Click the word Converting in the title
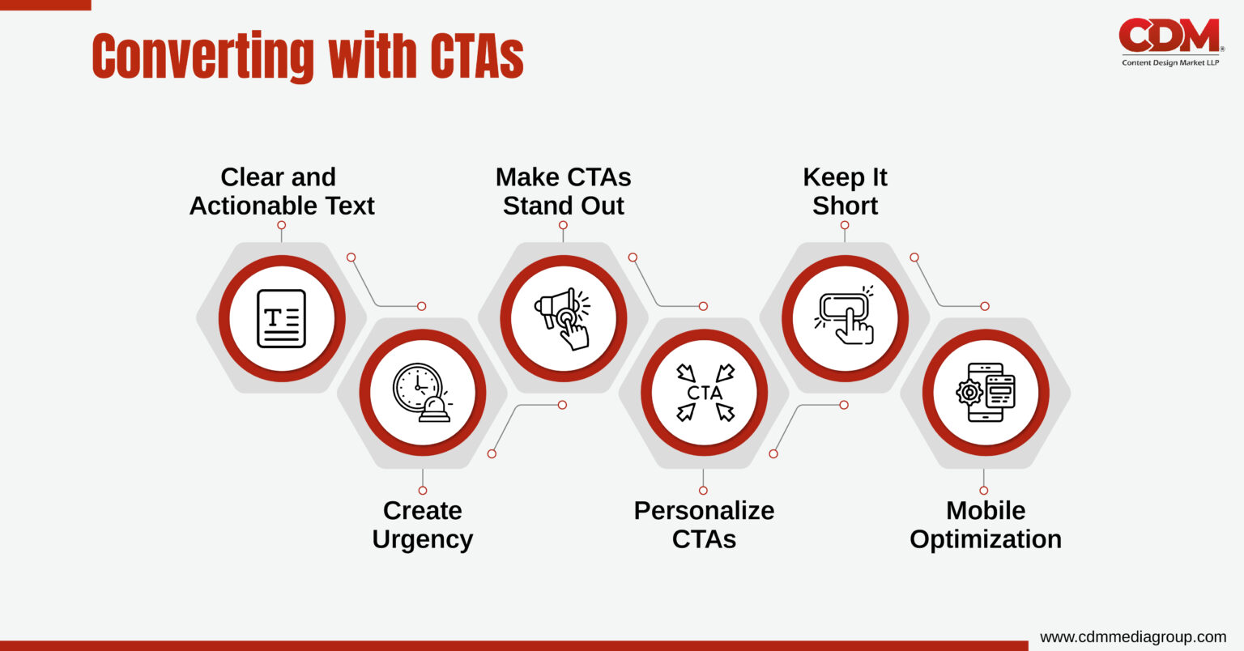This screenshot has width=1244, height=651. tap(203, 57)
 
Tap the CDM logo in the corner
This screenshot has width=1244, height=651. tap(1169, 36)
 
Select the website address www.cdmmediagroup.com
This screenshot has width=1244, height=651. tap(1132, 636)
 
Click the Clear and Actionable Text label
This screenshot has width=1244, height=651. tap(281, 191)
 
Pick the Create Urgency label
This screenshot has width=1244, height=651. tap(422, 525)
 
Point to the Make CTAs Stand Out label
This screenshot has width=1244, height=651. tap(563, 191)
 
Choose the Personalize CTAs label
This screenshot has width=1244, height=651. tap(704, 525)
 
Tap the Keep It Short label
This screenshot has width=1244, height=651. tap(845, 191)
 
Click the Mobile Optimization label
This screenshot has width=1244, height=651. tap(985, 525)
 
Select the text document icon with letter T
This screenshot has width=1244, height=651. tap(281, 318)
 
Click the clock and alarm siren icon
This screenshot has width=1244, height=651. tap(422, 393)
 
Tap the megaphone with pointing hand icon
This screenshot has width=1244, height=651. tap(563, 318)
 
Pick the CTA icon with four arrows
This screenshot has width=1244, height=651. tap(704, 393)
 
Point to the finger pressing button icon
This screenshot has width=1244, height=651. tap(845, 318)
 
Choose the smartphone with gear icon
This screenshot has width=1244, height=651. tap(985, 393)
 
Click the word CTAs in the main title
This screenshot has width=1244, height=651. tap(476, 57)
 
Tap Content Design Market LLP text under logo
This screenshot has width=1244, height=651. tap(1169, 62)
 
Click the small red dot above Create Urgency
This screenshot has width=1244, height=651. tap(422, 490)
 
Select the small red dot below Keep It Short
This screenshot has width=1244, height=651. tap(845, 225)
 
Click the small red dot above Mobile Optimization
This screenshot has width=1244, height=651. tap(984, 490)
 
